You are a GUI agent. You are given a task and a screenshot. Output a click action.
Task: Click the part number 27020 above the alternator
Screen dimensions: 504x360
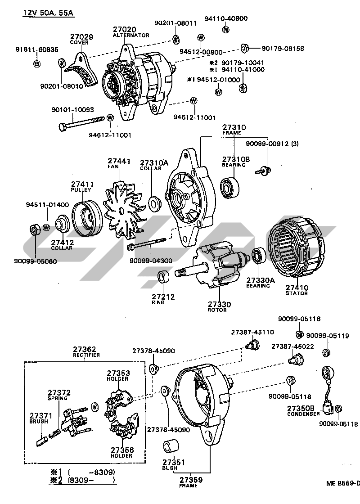coord(124,30)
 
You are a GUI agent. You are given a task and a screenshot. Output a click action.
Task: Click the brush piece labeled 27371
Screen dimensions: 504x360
coord(40,440)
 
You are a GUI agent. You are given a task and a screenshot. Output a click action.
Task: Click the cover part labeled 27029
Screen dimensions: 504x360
coord(84,72)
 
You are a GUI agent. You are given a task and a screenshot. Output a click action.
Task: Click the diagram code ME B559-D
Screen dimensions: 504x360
coord(343,484)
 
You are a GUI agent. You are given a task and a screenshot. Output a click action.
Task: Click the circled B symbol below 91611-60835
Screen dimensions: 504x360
coord(37,64)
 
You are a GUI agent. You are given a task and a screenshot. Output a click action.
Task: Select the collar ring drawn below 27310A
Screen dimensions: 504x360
coord(155,204)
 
